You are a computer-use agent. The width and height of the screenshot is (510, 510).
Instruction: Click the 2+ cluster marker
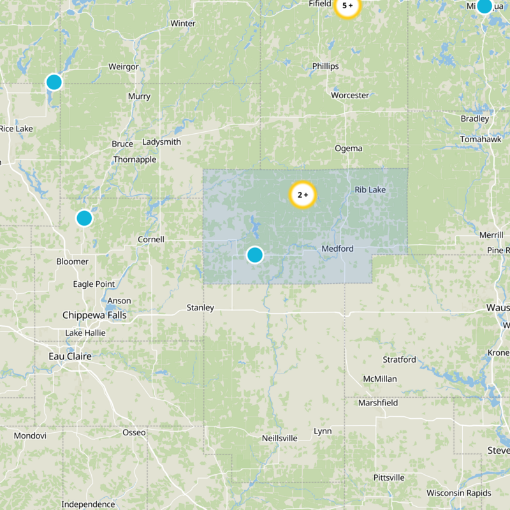pyautogui.click(x=303, y=195)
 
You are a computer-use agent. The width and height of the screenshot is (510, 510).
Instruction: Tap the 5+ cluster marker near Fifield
pyautogui.click(x=347, y=6)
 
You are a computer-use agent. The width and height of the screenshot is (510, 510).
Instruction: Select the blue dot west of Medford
pyautogui.click(x=255, y=255)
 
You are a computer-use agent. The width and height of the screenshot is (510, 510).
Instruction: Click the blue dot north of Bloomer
pyautogui.click(x=84, y=218)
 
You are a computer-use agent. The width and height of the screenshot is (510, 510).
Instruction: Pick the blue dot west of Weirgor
pyautogui.click(x=54, y=82)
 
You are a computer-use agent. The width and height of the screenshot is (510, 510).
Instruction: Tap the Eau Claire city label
pyautogui.click(x=70, y=356)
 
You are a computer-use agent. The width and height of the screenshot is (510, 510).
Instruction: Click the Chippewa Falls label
pyautogui.click(x=94, y=315)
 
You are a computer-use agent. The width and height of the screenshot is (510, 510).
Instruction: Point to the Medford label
pyautogui.click(x=338, y=248)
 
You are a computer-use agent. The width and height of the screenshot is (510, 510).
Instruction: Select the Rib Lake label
pyautogui.click(x=370, y=190)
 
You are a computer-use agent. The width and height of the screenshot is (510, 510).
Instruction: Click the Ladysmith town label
pyautogui.click(x=162, y=142)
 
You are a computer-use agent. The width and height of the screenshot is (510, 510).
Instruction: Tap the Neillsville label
pyautogui.click(x=280, y=439)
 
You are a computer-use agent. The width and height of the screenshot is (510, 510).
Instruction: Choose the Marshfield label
pyautogui.click(x=378, y=403)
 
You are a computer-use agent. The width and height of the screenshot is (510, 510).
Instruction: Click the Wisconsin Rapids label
pyautogui.click(x=459, y=493)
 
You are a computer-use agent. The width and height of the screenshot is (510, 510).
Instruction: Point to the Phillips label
pyautogui.click(x=325, y=66)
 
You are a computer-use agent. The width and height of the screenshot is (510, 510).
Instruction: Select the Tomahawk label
pyautogui.click(x=477, y=140)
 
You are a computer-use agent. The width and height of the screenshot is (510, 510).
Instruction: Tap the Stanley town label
pyautogui.click(x=200, y=308)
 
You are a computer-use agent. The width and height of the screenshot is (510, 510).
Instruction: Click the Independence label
pyautogui.click(x=88, y=504)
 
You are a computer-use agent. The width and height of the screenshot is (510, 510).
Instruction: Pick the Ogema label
pyautogui.click(x=349, y=149)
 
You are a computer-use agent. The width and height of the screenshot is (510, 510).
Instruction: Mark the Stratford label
pyautogui.click(x=399, y=360)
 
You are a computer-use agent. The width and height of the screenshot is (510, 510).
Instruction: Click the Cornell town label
pyautogui.click(x=151, y=240)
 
